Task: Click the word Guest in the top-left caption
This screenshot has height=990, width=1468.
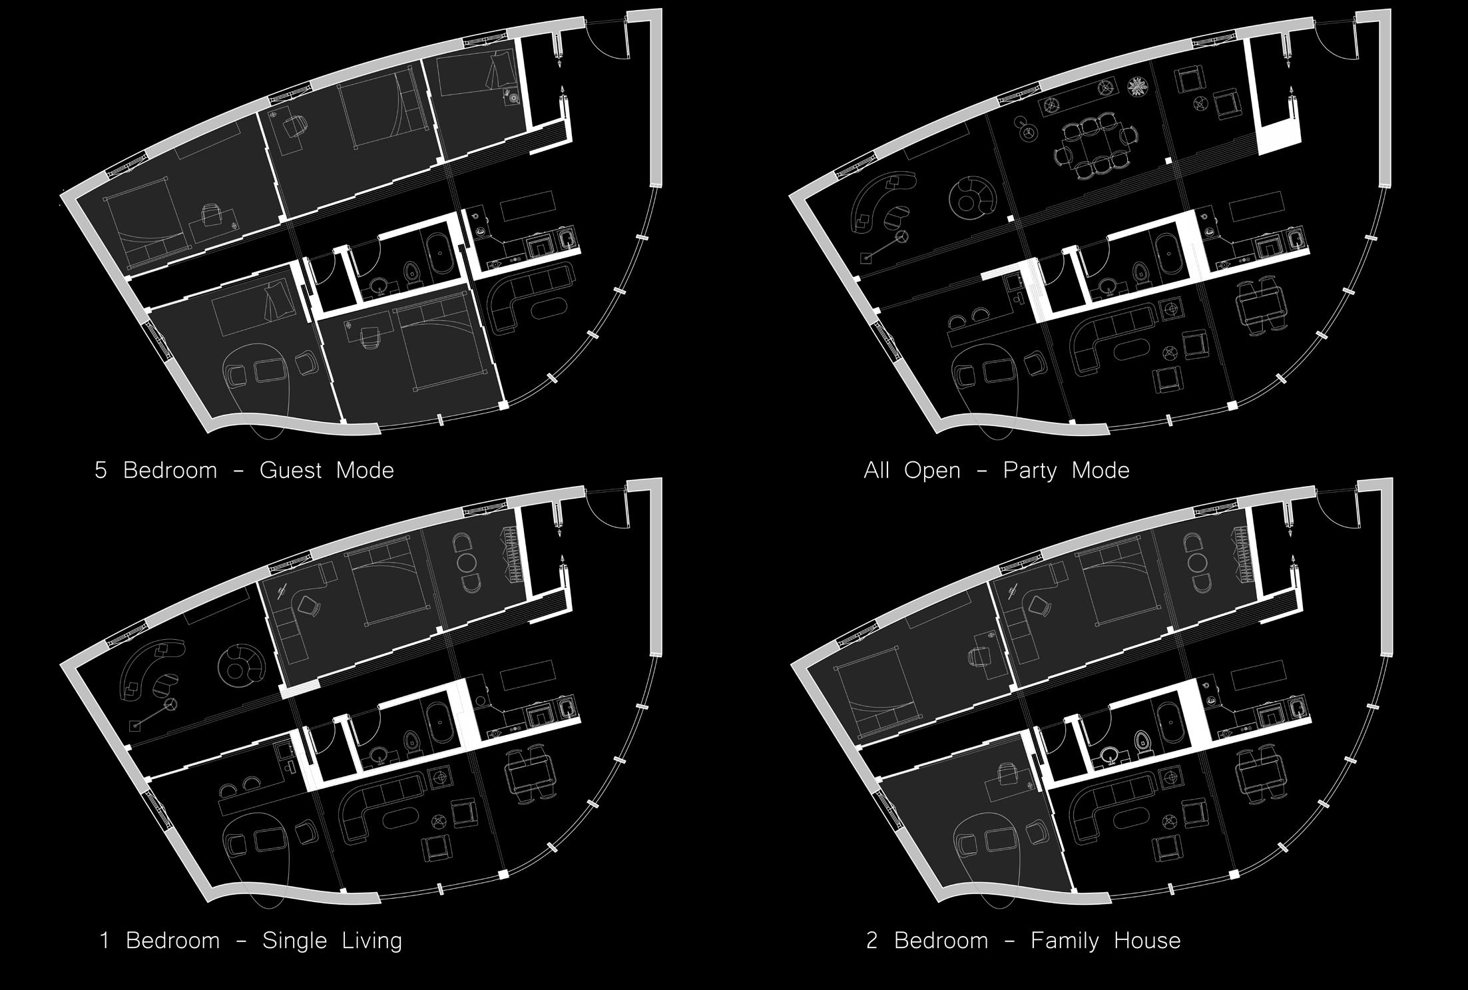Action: tap(290, 471)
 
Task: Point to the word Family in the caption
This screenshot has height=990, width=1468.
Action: tap(1063, 941)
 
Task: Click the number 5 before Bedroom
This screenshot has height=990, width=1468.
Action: tap(101, 471)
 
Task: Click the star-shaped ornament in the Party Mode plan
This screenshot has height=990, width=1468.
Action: tap(1137, 87)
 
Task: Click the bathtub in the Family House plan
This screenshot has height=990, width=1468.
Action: tap(1169, 722)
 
